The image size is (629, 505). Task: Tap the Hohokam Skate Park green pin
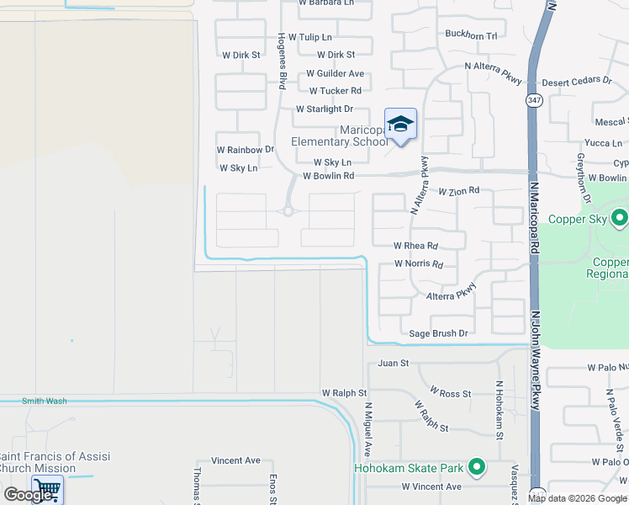pos(477,465)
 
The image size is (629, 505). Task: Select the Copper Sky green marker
pos(621,219)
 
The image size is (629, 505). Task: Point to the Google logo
pos(27,495)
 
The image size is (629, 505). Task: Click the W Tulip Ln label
pos(310,38)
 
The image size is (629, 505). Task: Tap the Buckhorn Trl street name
pos(471,35)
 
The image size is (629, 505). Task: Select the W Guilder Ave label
pos(335,74)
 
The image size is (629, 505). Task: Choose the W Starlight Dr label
pos(325,109)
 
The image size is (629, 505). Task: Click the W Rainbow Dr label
pos(246,150)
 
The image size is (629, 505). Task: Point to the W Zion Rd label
pos(458,191)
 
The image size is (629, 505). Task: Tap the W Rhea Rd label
pos(415,247)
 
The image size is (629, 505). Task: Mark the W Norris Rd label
pos(419,264)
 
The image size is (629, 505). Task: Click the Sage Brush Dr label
pos(438,334)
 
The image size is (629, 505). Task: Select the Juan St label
pos(393,364)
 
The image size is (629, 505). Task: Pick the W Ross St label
pos(450,393)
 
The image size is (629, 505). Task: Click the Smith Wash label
pos(45,401)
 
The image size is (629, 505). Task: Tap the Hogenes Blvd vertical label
pos(282,61)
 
